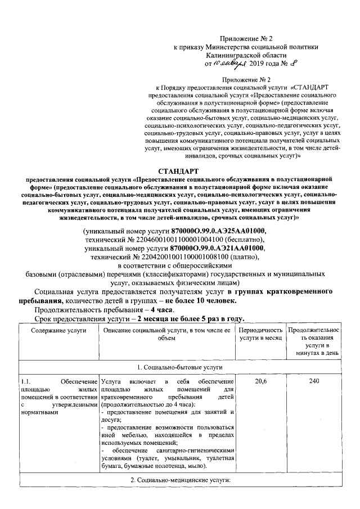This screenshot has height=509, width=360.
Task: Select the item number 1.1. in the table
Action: (x=26, y=382)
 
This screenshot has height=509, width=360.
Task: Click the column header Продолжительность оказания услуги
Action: (x=314, y=341)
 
